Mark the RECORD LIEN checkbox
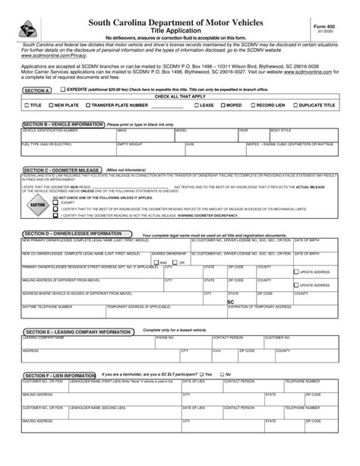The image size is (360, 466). pos(253,106)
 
